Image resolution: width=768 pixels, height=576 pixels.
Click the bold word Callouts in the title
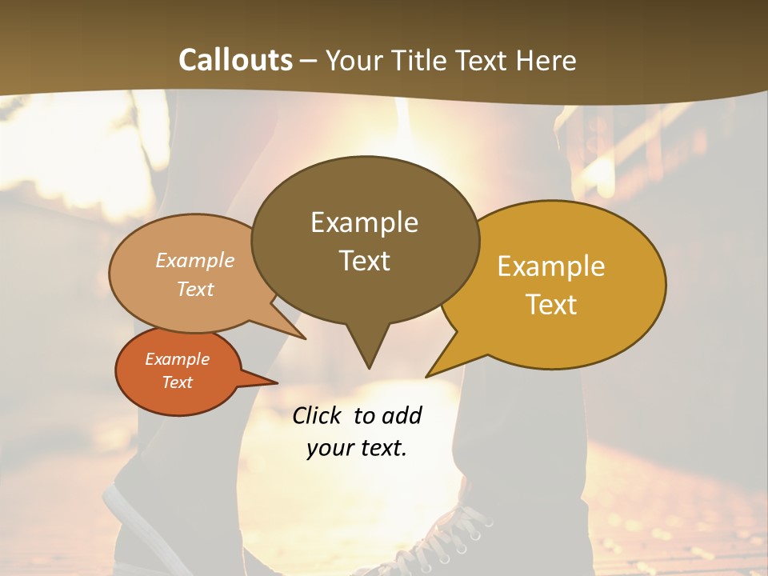click(235, 60)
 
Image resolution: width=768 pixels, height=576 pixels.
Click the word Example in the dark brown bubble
click(364, 222)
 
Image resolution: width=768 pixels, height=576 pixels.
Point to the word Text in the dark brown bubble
click(364, 260)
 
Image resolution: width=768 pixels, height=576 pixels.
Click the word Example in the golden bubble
click(551, 266)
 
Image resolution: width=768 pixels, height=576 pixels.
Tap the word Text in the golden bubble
click(551, 305)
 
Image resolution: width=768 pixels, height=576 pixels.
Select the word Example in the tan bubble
click(195, 260)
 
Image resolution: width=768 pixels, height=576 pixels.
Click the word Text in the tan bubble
click(195, 289)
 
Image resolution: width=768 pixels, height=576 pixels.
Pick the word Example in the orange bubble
click(177, 359)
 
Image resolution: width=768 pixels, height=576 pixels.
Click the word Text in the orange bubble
click(177, 382)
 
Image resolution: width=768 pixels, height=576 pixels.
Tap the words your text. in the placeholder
click(357, 449)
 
